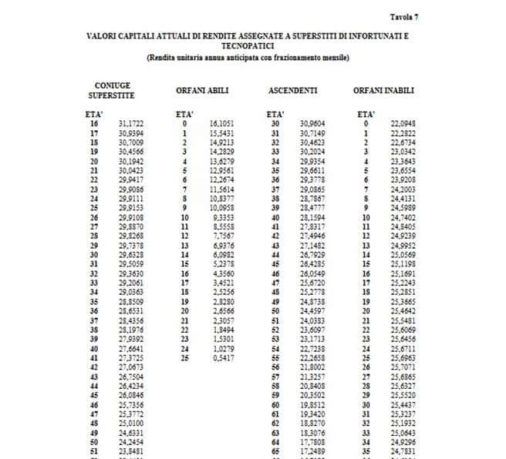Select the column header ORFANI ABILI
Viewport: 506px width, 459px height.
[x=202, y=91]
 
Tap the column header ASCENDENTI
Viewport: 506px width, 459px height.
[x=289, y=91]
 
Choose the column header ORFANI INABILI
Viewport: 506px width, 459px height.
[x=384, y=91]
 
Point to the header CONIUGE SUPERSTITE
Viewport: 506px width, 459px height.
[x=112, y=90]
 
